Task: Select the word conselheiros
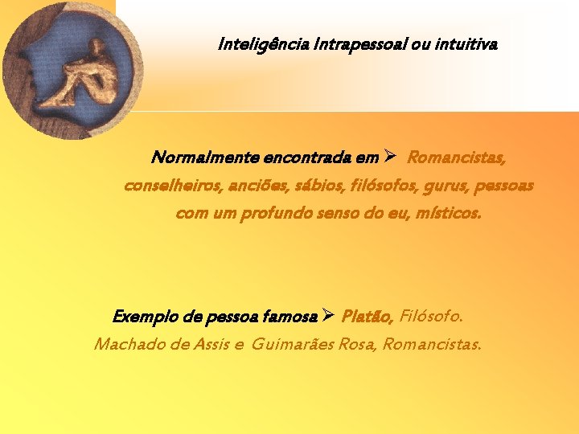click(x=166, y=186)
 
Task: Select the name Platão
click(x=367, y=316)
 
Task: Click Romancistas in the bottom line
click(x=433, y=345)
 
